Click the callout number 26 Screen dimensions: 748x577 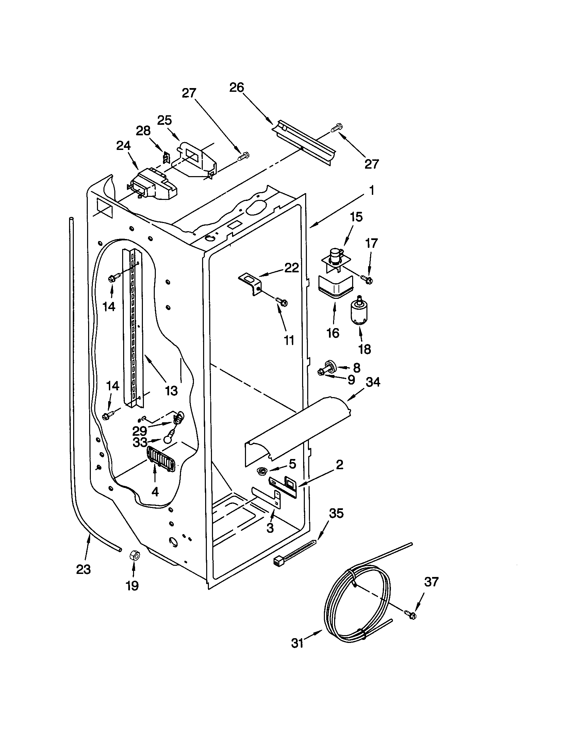236,88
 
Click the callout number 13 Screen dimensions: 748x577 171,390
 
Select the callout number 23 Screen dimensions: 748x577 83,569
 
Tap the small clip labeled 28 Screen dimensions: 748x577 166,157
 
